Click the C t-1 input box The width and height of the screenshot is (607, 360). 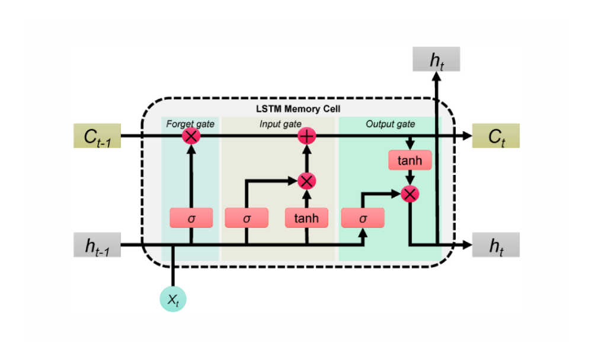click(97, 136)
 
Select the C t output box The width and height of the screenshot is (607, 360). click(496, 136)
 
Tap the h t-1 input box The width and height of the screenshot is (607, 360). click(97, 245)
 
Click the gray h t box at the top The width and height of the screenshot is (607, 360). click(436, 59)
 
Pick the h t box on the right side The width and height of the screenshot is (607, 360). click(496, 245)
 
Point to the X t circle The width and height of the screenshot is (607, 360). click(173, 300)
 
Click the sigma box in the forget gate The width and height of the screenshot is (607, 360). click(191, 218)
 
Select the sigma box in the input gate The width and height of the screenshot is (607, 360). click(247, 218)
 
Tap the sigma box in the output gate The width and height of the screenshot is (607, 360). click(363, 218)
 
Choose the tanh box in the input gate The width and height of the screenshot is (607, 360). click(306, 218)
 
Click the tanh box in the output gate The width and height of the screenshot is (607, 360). click(410, 160)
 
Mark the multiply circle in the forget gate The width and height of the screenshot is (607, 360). click(191, 136)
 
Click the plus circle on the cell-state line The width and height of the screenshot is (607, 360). click(306, 136)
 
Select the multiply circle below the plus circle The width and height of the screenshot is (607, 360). click(306, 180)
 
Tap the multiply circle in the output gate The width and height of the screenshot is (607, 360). click(410, 193)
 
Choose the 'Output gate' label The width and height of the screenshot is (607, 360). click(390, 124)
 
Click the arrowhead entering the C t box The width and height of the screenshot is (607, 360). click(467, 136)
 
